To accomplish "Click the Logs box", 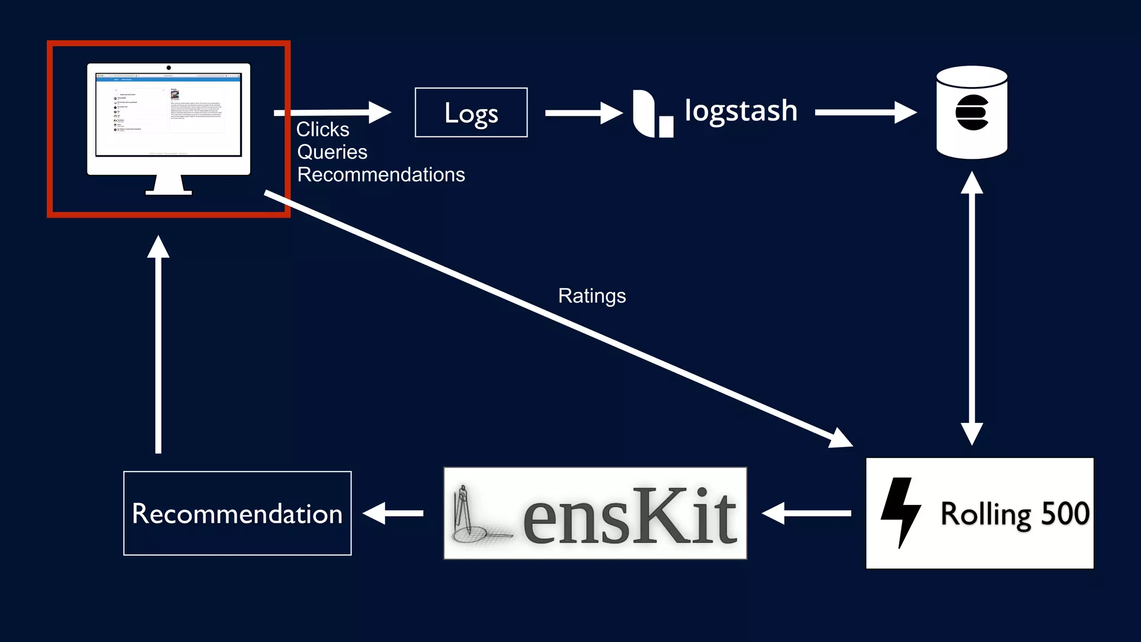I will point(471,113).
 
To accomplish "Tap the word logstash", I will point(740,111).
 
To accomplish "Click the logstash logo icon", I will point(652,114).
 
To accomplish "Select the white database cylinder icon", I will point(972,113).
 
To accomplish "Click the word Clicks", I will point(323,129).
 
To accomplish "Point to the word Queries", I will point(332,152).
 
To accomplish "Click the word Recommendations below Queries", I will point(381,175).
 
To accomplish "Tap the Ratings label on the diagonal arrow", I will point(592,296).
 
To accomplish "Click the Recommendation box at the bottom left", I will point(237,513).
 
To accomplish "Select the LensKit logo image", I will point(595,513).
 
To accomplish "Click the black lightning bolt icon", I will point(900,512).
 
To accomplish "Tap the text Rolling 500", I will point(1015,514).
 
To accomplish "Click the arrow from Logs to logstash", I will point(583,113).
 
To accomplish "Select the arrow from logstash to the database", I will point(865,113).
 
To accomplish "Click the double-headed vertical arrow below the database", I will point(972,308).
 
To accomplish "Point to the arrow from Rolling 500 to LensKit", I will point(806,513).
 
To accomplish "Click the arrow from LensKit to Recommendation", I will point(393,513).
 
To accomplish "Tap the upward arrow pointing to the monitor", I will point(158,346).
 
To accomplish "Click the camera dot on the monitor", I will point(169,68).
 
